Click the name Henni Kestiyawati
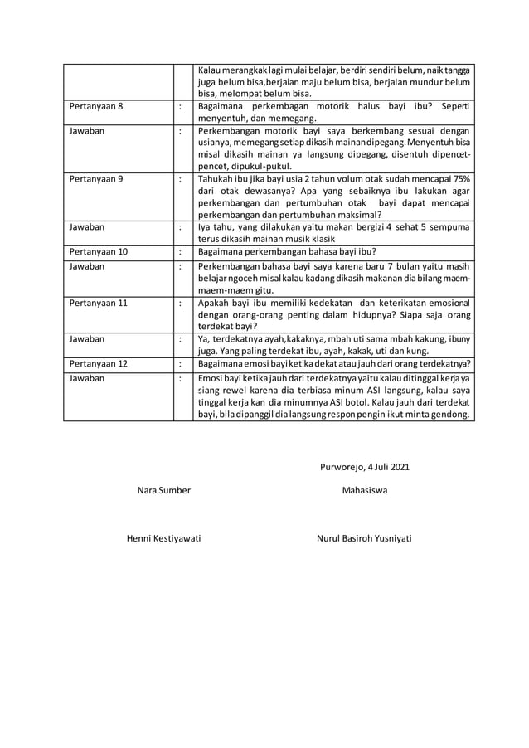163,538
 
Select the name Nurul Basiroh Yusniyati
364,538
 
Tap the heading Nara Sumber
163,490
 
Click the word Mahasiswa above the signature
364,490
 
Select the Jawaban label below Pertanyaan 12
87,379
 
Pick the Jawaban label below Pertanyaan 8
87,131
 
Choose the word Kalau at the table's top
211,70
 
